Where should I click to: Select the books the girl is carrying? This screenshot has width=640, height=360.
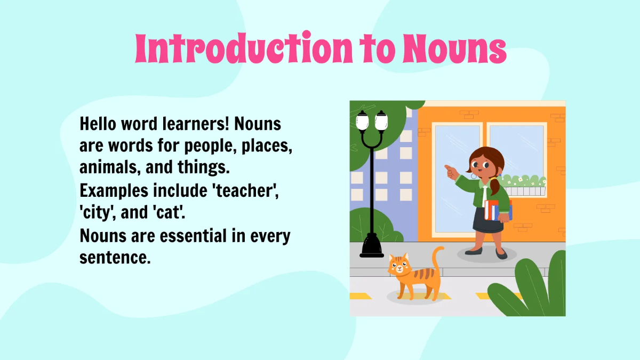[x=498, y=210]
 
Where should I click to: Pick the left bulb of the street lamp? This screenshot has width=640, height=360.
[x=363, y=122]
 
